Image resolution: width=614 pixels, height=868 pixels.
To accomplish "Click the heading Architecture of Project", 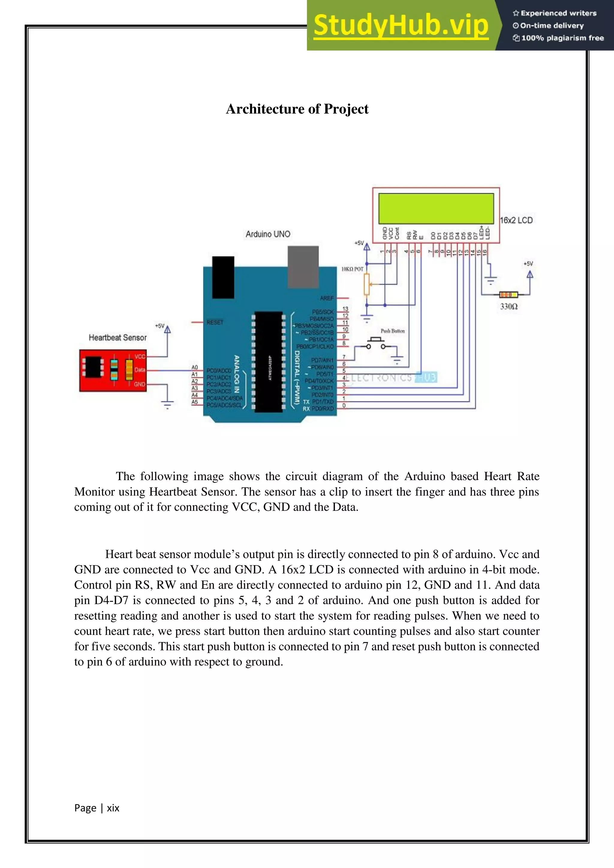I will (297, 109).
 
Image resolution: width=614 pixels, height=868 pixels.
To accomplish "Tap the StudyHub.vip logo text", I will (401, 26).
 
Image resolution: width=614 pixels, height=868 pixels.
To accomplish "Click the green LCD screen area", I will (436, 208).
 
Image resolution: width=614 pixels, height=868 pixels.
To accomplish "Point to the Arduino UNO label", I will (268, 234).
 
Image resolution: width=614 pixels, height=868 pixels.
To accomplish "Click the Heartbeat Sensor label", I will (118, 337).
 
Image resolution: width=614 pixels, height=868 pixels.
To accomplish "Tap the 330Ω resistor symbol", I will (508, 295).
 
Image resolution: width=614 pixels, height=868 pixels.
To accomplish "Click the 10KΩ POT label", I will (352, 269).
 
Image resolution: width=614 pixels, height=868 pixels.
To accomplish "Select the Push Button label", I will (392, 331).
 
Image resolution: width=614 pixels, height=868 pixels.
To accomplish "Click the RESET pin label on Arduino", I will (215, 323).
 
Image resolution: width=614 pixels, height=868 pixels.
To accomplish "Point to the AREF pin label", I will (327, 298).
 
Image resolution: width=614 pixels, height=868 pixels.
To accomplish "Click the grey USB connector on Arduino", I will (303, 266).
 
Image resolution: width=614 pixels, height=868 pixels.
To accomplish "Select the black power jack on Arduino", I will (223, 277).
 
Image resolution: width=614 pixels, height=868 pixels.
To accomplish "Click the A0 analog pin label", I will (194, 367).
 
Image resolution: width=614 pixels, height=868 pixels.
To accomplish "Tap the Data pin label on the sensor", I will (139, 370).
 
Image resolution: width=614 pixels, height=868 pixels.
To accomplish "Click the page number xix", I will (113, 808).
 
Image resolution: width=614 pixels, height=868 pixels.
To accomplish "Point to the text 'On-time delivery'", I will (552, 26).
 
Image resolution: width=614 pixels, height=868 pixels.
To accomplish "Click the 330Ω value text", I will (508, 307).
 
